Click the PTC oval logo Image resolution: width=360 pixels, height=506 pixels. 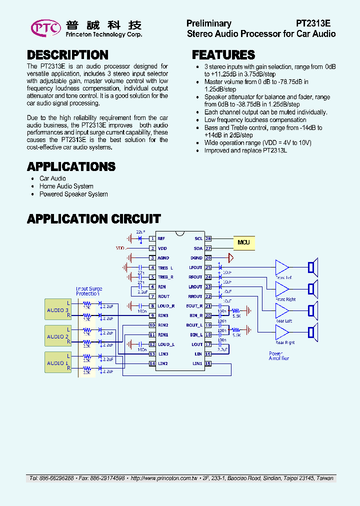click(46, 28)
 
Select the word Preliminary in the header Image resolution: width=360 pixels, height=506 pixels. click(208, 23)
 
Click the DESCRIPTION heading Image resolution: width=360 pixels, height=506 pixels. click(67, 55)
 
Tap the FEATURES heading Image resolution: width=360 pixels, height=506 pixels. click(223, 55)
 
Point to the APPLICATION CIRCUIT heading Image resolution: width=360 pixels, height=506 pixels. click(93, 219)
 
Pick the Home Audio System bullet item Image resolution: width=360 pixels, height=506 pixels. click(66, 186)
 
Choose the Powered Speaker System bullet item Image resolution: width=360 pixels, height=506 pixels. click(73, 194)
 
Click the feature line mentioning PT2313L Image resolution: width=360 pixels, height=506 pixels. click(245, 150)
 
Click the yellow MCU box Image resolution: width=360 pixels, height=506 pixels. click(243, 242)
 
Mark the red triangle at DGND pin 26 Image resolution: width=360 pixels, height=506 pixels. click(230, 258)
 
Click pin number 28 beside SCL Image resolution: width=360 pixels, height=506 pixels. click(208, 239)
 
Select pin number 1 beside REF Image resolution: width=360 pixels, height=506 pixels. click(152, 239)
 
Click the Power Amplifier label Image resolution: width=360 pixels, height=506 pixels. click(278, 356)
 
